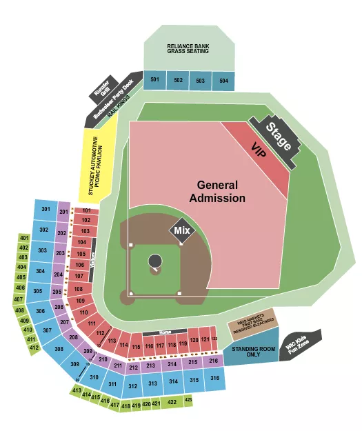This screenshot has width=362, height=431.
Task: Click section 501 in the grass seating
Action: [x=155, y=81]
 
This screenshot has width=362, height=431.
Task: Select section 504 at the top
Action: [x=223, y=81]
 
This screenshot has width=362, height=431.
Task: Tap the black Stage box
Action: [x=278, y=137]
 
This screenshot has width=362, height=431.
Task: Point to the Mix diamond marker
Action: [x=181, y=230]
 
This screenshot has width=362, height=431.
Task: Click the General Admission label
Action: [x=217, y=192]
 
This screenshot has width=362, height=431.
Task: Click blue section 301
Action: [x=46, y=209]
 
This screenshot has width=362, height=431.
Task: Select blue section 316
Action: [x=214, y=379]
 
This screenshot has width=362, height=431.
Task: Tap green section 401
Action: [x=23, y=238]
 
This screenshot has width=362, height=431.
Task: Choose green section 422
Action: [x=171, y=401]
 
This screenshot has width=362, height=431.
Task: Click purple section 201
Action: [x=63, y=211]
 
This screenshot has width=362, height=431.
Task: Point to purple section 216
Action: [x=213, y=361]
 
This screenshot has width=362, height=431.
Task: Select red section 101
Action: [x=86, y=210]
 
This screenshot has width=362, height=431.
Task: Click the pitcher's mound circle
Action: [x=155, y=261]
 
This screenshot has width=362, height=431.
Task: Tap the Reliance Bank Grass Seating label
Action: [x=188, y=50]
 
